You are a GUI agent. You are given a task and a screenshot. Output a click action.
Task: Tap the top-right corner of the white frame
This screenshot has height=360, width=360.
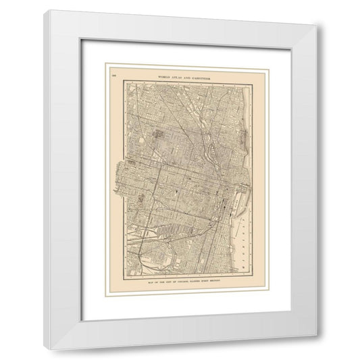(322, 11)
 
